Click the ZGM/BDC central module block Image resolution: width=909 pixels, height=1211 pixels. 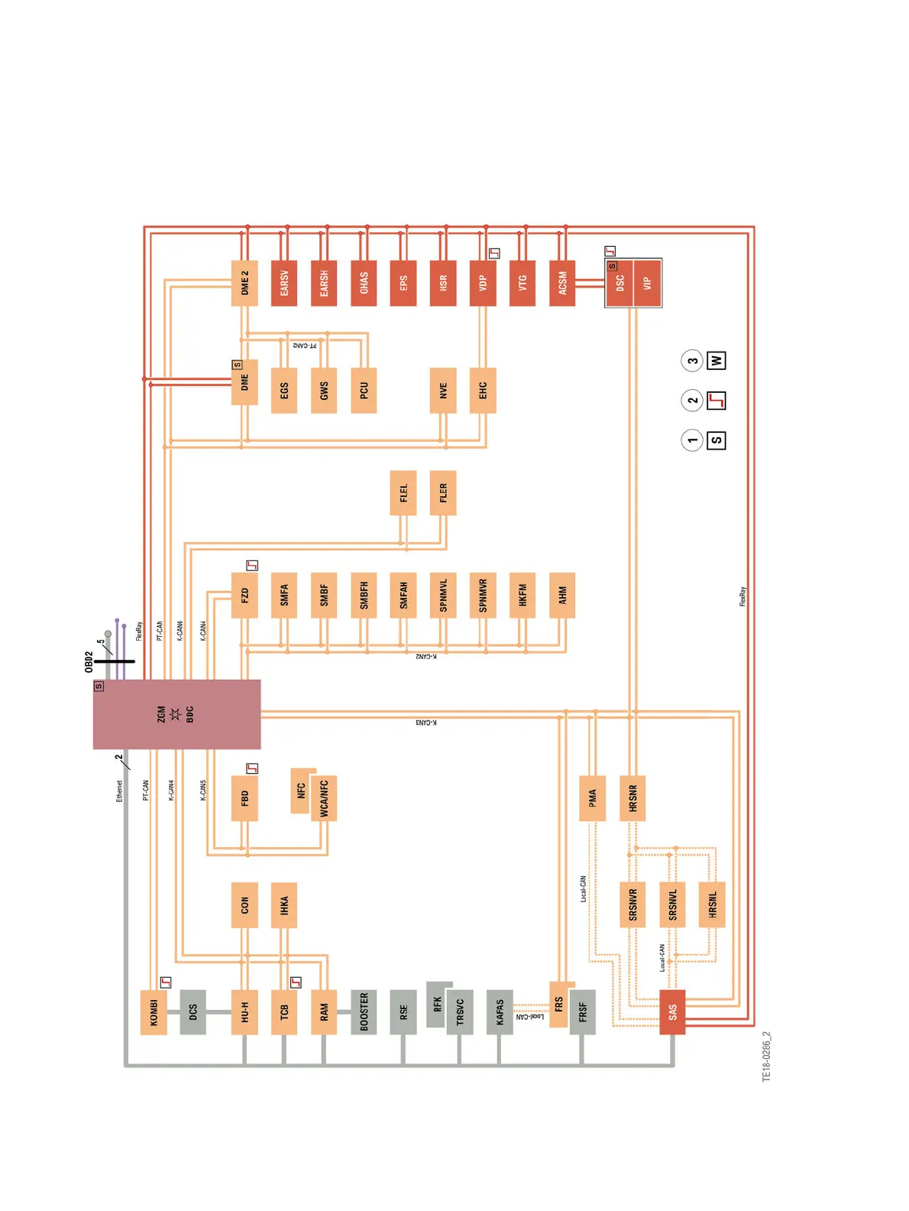point(176,714)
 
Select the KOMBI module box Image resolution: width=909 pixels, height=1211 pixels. point(154,1012)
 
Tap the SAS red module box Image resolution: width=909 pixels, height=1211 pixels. point(672,1012)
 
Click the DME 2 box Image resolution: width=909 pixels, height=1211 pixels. point(244,283)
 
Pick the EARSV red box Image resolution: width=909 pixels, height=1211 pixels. point(284,283)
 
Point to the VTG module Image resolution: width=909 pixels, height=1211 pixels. point(522,283)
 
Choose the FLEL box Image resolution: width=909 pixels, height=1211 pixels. point(403,493)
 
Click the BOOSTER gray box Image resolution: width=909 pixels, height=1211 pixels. point(364,1012)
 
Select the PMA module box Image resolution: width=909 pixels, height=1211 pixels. point(592,799)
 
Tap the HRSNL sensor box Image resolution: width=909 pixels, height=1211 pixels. point(712,904)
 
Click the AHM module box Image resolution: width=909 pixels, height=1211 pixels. point(562,595)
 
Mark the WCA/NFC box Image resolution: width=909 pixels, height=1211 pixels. point(324,799)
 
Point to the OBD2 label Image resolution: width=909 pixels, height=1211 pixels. point(89,662)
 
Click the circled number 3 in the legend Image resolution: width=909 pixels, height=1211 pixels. point(692,361)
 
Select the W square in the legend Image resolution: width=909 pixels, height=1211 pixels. point(716,361)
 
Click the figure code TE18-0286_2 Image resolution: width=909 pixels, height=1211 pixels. point(766,1057)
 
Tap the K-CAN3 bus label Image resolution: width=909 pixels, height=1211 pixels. point(426,722)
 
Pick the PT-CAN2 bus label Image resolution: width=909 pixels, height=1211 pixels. point(305,346)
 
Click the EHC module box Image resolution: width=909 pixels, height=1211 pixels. point(483,391)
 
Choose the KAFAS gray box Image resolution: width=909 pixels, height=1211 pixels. point(500,1012)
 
